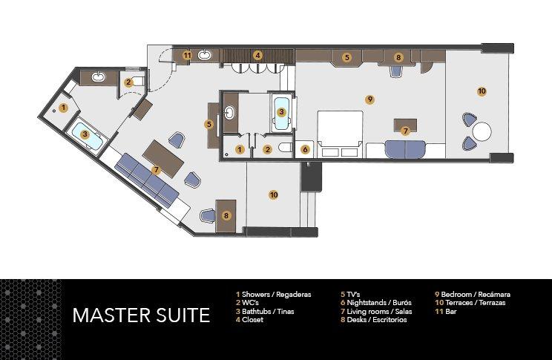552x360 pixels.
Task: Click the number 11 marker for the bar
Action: click(187, 55)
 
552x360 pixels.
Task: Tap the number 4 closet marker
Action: click(257, 55)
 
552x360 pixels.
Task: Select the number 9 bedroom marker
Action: click(369, 99)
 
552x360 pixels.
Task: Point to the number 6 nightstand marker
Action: click(305, 149)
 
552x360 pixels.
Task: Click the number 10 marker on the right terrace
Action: click(482, 91)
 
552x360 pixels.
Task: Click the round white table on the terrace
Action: click(482, 131)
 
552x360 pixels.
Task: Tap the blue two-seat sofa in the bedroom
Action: click(405, 148)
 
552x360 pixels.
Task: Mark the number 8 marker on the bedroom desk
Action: click(398, 57)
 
